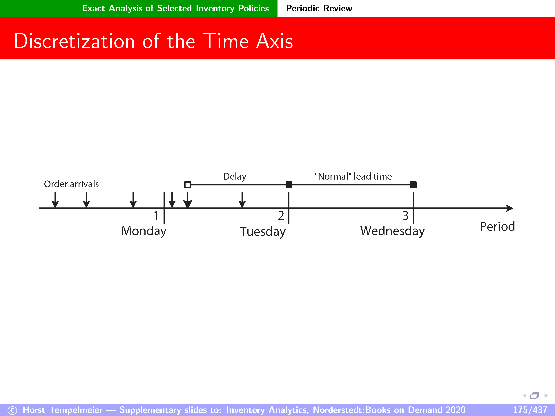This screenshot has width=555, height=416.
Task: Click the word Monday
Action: tap(144, 231)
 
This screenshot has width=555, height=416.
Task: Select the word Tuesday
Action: tap(263, 232)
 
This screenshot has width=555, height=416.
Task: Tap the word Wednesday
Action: tap(393, 231)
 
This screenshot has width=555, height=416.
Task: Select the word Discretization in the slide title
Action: tap(75, 41)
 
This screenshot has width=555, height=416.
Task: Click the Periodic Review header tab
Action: tap(319, 8)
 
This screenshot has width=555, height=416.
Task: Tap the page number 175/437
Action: tap(530, 410)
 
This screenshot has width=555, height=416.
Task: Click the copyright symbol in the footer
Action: tap(12, 410)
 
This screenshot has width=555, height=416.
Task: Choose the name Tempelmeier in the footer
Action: tap(76, 410)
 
